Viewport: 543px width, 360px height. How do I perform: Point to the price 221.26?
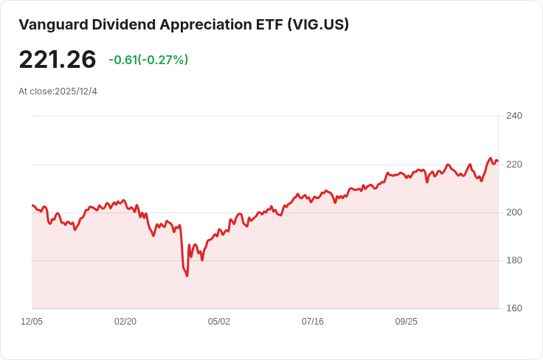(x=58, y=60)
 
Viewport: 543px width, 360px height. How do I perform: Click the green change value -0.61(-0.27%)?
(x=148, y=60)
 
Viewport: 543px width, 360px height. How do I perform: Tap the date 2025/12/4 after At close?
(x=76, y=91)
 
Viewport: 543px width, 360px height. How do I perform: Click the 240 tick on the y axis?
(x=514, y=116)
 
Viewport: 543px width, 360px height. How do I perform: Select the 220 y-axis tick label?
(x=514, y=164)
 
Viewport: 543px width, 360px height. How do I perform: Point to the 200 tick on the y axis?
(x=514, y=212)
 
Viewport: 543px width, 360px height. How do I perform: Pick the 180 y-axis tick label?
(x=514, y=260)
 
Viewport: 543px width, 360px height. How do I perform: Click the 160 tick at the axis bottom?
(x=514, y=308)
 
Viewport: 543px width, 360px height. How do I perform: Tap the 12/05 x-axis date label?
(x=32, y=322)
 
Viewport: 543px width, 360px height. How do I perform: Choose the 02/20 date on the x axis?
(x=125, y=322)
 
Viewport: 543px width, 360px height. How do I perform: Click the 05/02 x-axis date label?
(x=219, y=322)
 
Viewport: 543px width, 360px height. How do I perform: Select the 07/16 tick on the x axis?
(x=313, y=322)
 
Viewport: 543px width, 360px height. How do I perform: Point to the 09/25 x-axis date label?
(x=407, y=322)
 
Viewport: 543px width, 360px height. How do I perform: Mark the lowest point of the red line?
(x=187, y=276)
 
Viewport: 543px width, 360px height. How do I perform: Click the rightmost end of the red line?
(x=498, y=161)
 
